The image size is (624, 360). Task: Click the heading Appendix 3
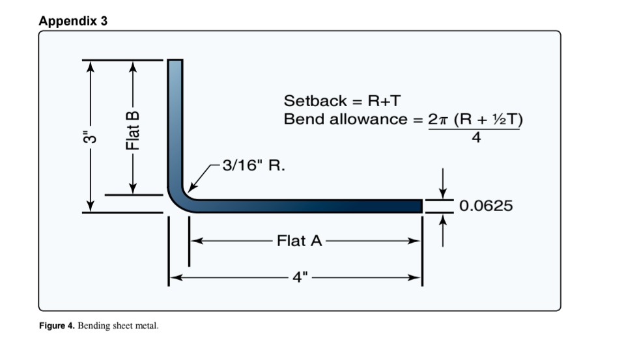point(73,21)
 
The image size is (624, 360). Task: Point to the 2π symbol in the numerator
point(438,120)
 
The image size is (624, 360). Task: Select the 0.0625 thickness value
point(486,206)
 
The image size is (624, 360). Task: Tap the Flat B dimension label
point(132,130)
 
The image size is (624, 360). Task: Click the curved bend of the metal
point(177,199)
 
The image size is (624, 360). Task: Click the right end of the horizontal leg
point(420,206)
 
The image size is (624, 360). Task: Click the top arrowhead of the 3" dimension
point(91,65)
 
